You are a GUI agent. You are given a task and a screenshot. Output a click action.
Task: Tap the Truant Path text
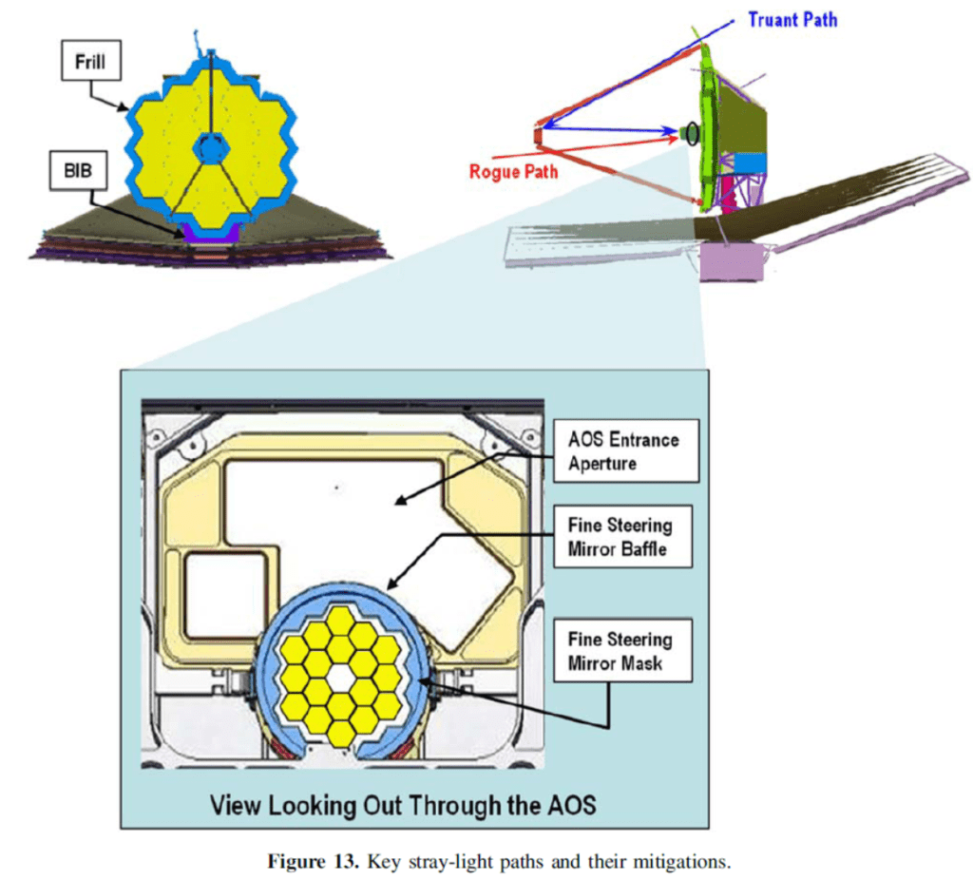click(792, 19)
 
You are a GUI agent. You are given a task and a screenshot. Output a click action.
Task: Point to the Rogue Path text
click(513, 172)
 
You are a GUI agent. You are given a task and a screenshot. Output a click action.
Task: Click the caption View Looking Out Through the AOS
click(402, 806)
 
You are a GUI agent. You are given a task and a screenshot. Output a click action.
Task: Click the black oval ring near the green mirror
click(694, 135)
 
